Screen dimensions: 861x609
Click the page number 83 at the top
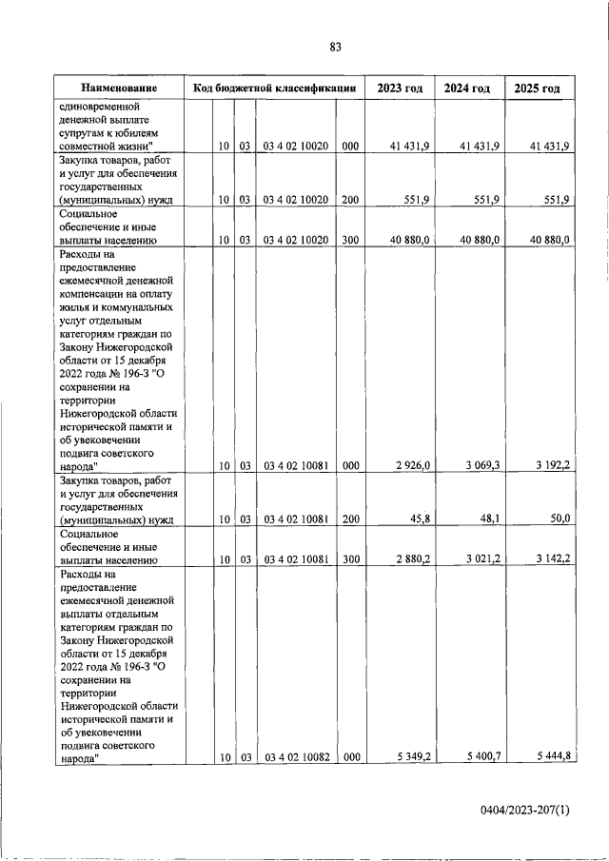pyautogui.click(x=335, y=47)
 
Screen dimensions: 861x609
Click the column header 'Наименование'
pyautogui.click(x=118, y=88)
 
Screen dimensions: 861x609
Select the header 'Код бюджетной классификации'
pyautogui.click(x=274, y=88)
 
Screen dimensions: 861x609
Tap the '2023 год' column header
pyautogui.click(x=400, y=88)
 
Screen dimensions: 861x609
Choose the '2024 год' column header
pyautogui.click(x=468, y=88)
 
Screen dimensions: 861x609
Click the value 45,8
pyautogui.click(x=419, y=519)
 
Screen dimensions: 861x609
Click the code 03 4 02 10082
pyautogui.click(x=296, y=756)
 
